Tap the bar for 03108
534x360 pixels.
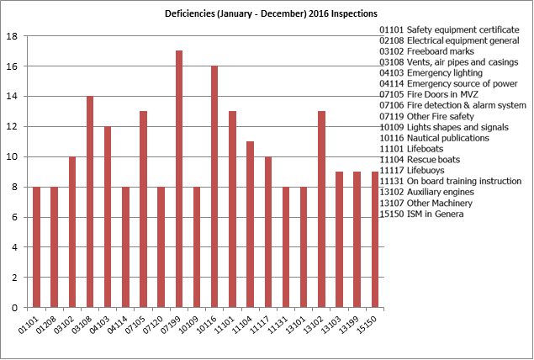coord(90,201)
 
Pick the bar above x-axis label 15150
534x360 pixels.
coord(375,239)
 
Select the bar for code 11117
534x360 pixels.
coord(267,231)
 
